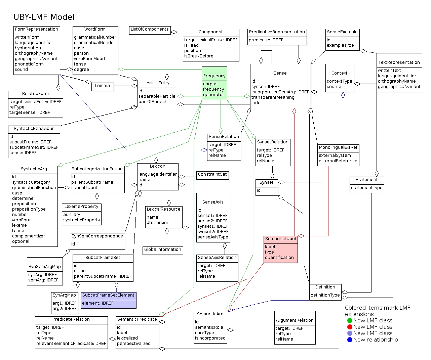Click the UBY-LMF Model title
pyautogui.click(x=44, y=17)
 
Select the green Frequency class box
pyautogui.click(x=214, y=83)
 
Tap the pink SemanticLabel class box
pyautogui.click(x=281, y=249)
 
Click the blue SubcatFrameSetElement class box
pyautogui.click(x=109, y=300)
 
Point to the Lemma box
pyautogui.click(x=103, y=86)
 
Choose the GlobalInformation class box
pyautogui.click(x=163, y=250)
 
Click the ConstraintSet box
pyautogui.click(x=212, y=175)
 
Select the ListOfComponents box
pyautogui.click(x=150, y=30)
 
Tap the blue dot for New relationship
pyautogui.click(x=350, y=340)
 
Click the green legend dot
pyautogui.click(x=350, y=321)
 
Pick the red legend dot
pyautogui.click(x=350, y=327)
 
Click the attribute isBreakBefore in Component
pyautogui.click(x=199, y=56)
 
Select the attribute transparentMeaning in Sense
pyautogui.click(x=273, y=97)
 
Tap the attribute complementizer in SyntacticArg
pyautogui.click(x=29, y=236)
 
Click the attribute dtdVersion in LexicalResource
pyautogui.click(x=158, y=223)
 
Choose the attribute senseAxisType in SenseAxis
pyautogui.click(x=213, y=237)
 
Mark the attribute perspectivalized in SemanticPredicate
pyautogui.click(x=134, y=344)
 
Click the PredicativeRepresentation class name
pyautogui.click(x=277, y=32)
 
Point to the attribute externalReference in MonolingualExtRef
pyautogui.click(x=338, y=161)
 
